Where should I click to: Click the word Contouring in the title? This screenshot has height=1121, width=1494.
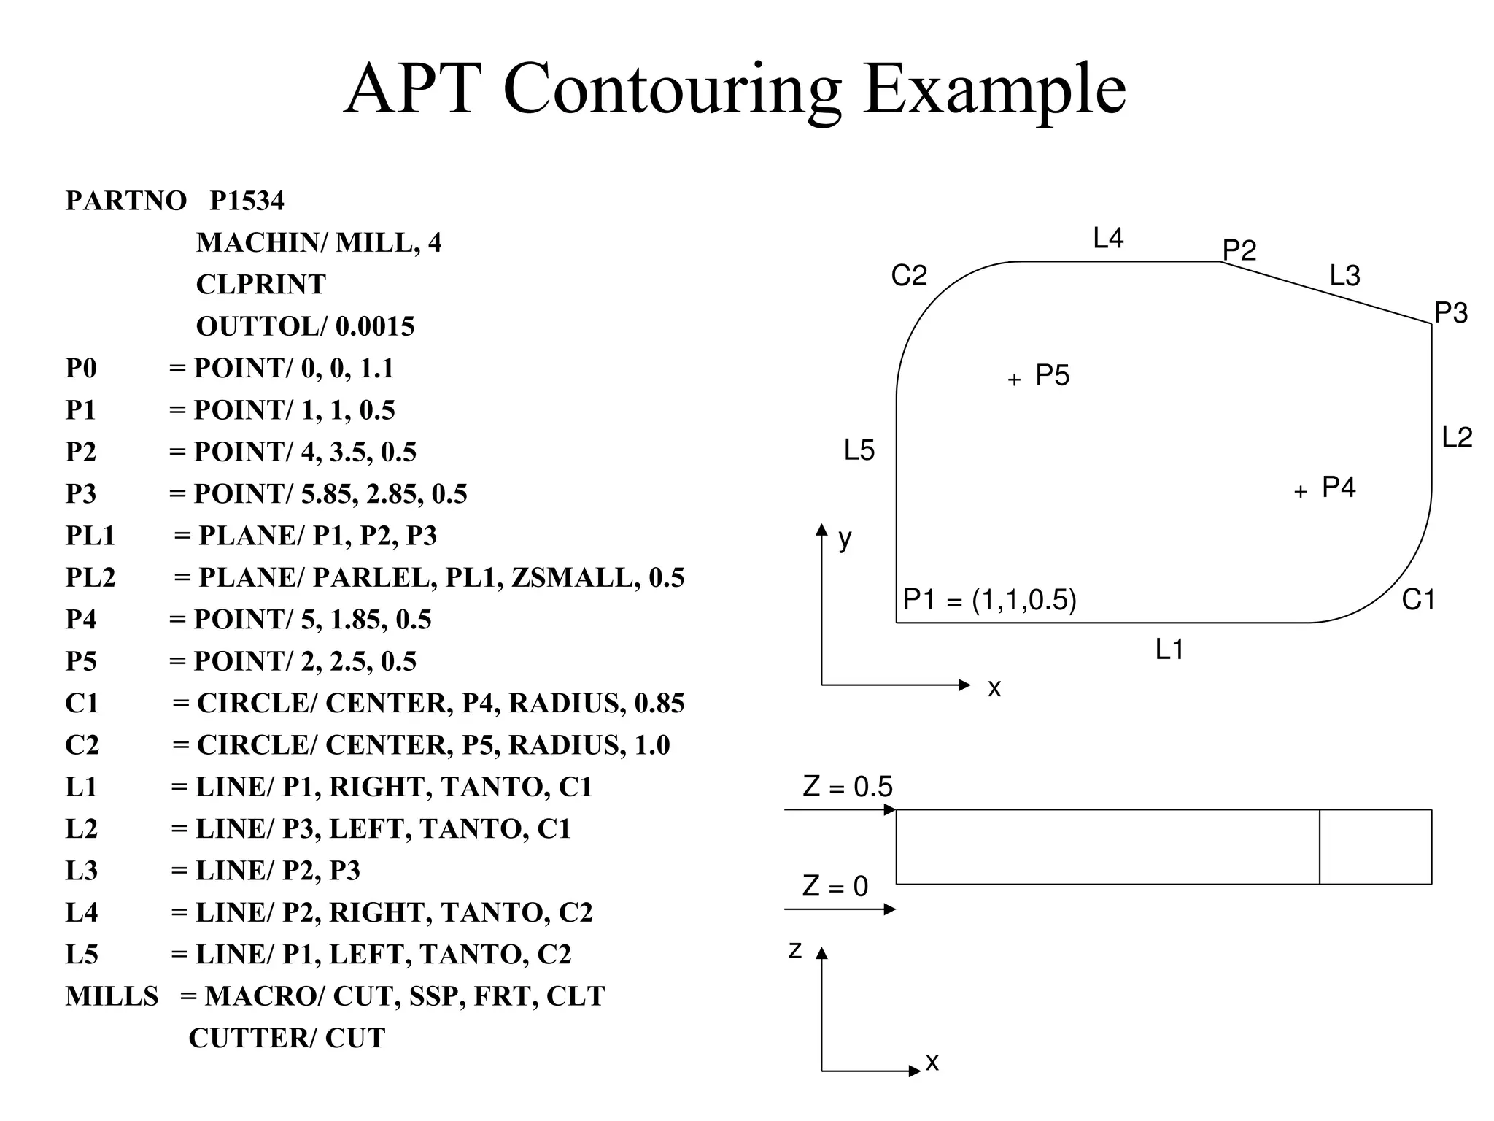(671, 90)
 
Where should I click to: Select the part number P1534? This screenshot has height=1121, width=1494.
(247, 201)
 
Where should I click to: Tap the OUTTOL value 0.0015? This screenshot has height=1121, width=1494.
(375, 326)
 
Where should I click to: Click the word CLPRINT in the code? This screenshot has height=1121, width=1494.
(260, 285)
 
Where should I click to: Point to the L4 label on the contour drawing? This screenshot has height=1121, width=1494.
(1108, 239)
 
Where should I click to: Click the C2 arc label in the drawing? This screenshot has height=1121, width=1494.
(909, 276)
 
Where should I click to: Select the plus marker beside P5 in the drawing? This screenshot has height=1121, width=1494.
(1014, 380)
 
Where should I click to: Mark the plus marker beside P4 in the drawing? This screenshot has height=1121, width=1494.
(1300, 492)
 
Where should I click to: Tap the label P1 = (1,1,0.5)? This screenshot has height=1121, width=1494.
(989, 600)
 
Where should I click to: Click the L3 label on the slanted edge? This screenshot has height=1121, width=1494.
(1344, 276)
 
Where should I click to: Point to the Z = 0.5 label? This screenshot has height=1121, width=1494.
(848, 787)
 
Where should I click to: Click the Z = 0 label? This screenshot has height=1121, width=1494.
(835, 886)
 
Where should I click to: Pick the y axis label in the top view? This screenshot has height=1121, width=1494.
(845, 539)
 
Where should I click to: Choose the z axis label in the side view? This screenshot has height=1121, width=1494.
(795, 950)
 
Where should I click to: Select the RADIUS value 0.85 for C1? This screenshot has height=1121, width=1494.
(659, 703)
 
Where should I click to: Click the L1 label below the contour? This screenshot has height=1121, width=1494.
(1169, 649)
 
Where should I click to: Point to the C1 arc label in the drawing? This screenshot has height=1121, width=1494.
(1418, 600)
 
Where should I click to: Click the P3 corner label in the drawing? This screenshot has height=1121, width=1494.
(1450, 313)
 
